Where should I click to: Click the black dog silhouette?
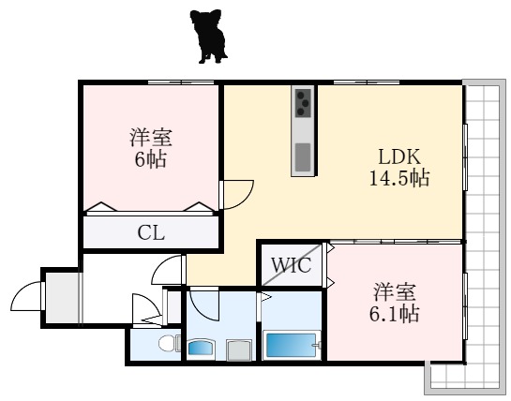click(x=208, y=36)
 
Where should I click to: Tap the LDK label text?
click(x=399, y=157)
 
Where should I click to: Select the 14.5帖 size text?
click(x=399, y=178)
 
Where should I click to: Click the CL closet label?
click(x=151, y=233)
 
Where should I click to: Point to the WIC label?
click(x=292, y=265)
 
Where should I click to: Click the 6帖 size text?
click(x=151, y=159)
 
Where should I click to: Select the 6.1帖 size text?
click(x=394, y=313)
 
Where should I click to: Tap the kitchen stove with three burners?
click(x=303, y=103)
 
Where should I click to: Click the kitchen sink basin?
click(x=303, y=157)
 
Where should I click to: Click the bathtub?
click(x=292, y=345)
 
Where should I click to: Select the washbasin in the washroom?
click(x=201, y=349)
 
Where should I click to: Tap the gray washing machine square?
click(x=239, y=349)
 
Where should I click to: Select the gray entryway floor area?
click(x=62, y=297)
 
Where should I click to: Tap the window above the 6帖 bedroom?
click(x=181, y=82)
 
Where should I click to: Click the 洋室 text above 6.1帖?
click(x=394, y=292)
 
